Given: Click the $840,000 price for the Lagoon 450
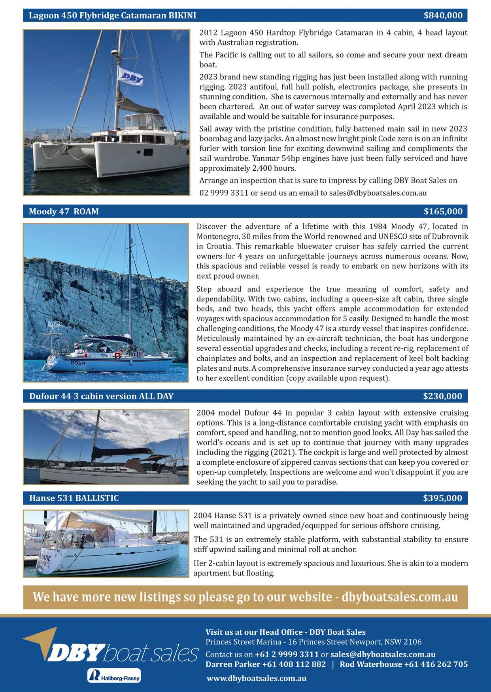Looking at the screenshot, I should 443,15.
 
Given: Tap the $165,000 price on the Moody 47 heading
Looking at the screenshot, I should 443,211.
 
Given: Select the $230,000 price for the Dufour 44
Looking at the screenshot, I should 442,396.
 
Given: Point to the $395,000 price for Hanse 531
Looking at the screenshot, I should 442,498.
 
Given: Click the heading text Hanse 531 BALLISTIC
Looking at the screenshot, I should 74,498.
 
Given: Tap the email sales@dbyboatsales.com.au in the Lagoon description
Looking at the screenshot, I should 378,193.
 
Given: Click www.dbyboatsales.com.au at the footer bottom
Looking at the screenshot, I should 256,678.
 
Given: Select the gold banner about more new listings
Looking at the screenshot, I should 245,597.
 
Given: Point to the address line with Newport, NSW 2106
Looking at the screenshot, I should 313,641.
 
